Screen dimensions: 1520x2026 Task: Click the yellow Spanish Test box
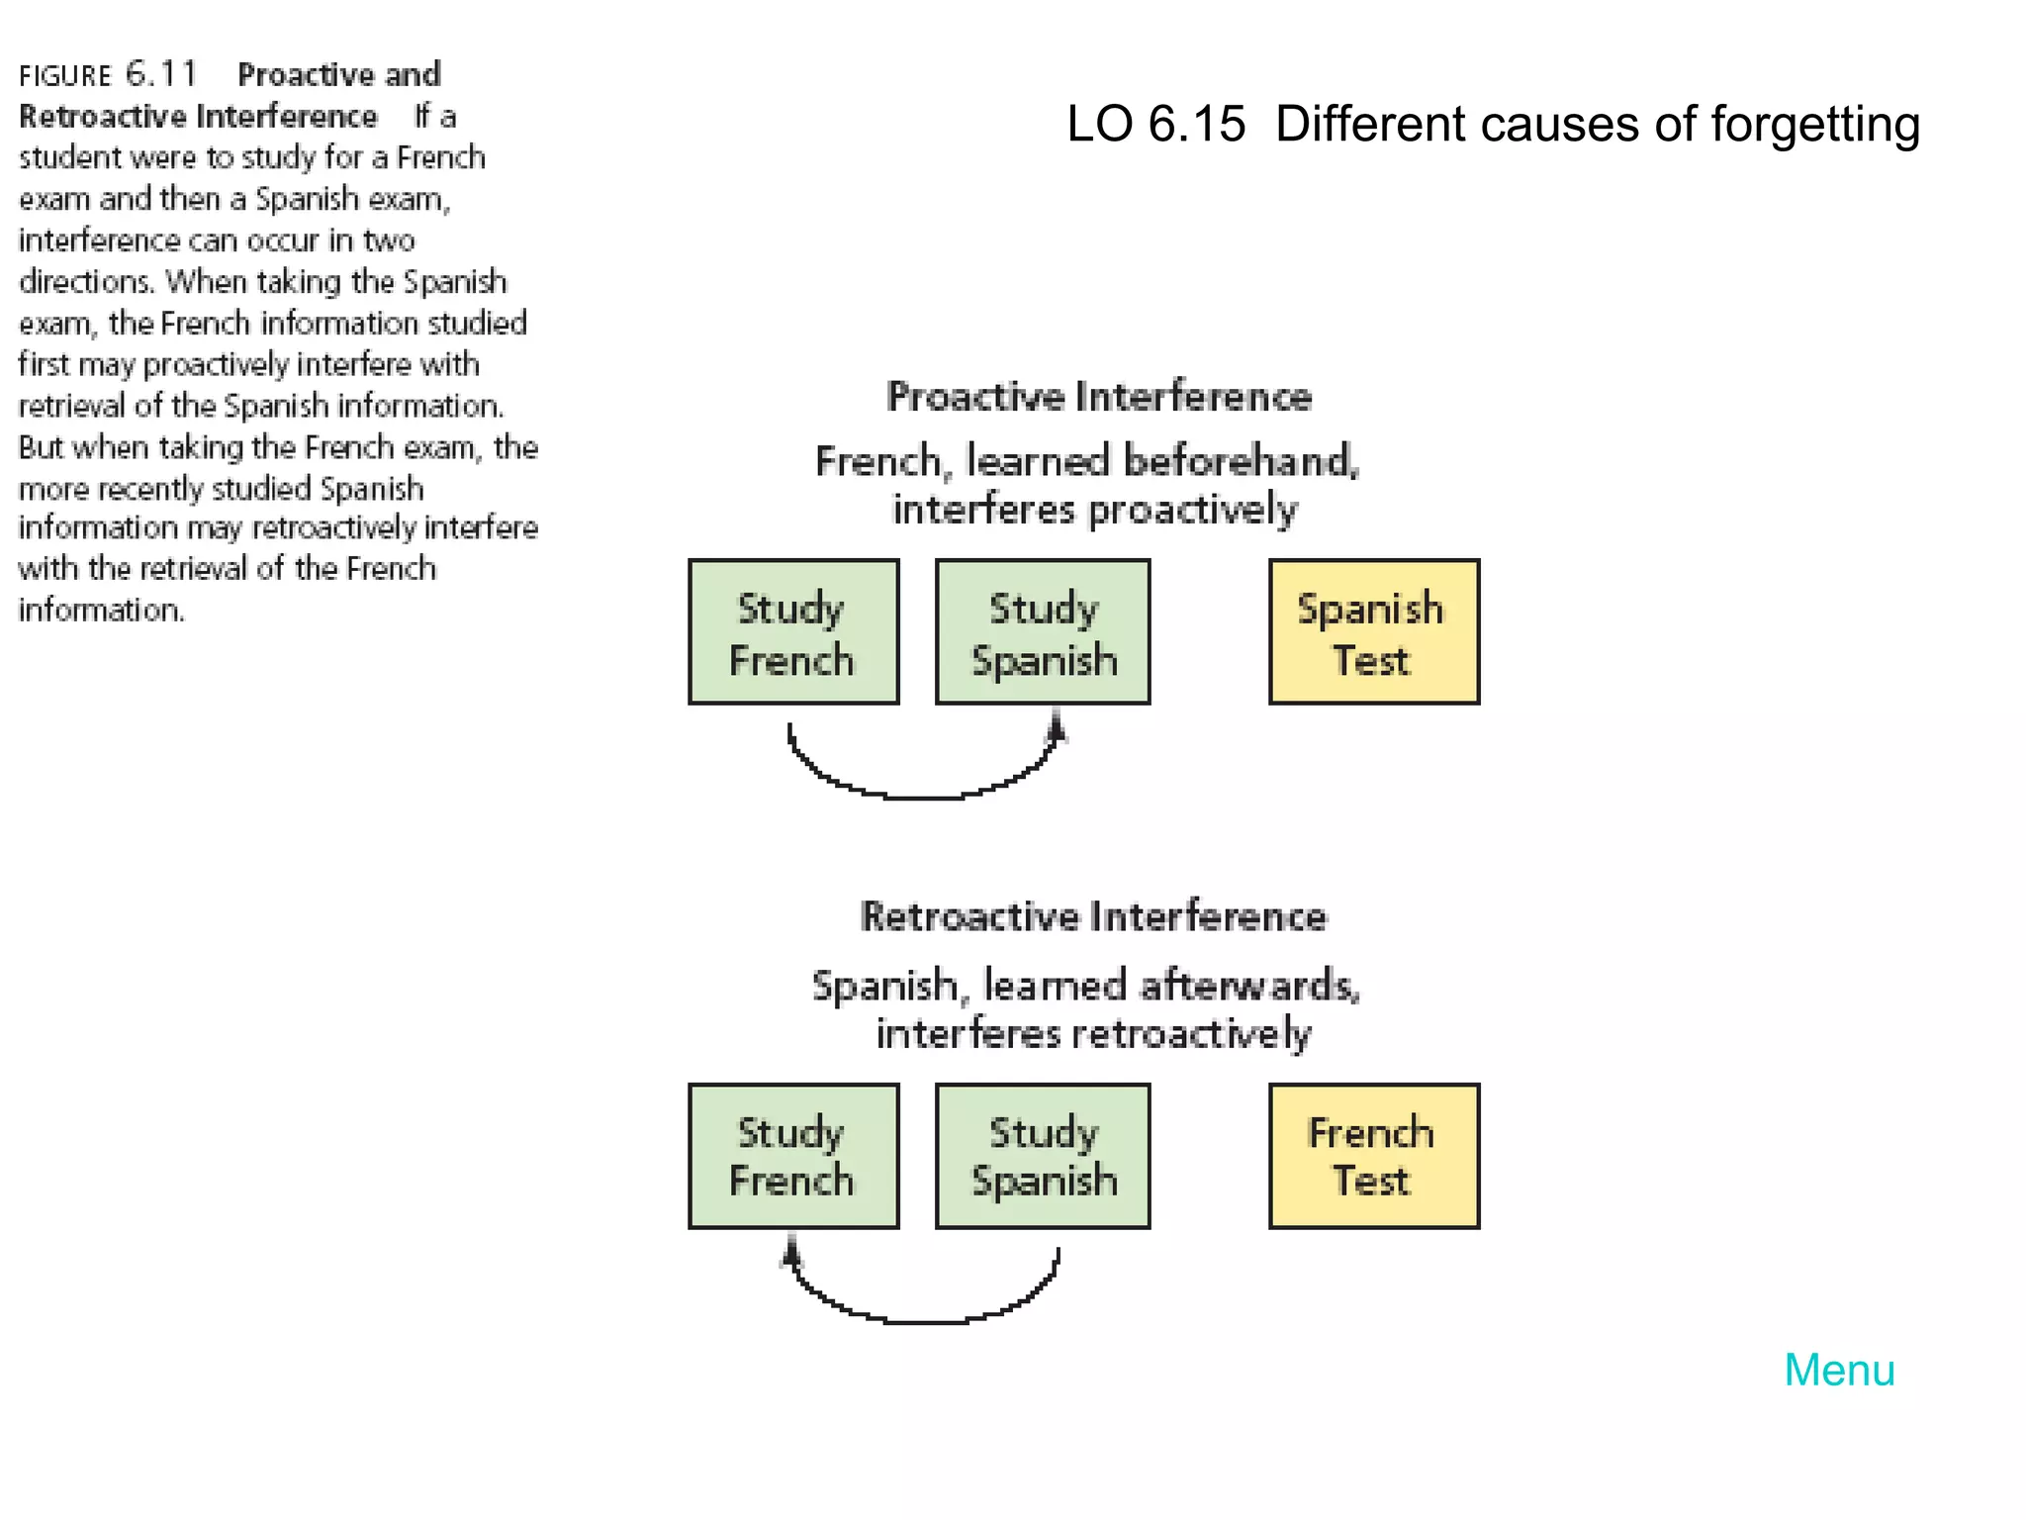[x=1373, y=631]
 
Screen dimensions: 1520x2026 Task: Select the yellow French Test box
[x=1373, y=1156]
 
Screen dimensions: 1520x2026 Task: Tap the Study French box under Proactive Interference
[x=793, y=631]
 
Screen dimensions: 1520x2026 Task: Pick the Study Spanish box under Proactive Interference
[x=1043, y=631]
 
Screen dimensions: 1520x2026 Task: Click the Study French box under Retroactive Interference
[x=793, y=1156]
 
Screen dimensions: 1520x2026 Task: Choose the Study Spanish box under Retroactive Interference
[x=1043, y=1156]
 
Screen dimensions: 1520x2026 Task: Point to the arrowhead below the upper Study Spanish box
[x=1056, y=728]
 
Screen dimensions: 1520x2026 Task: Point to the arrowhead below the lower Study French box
[x=790, y=1253]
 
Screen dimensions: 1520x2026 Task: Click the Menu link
[x=1838, y=1371]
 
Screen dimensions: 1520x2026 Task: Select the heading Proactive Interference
[x=1098, y=397]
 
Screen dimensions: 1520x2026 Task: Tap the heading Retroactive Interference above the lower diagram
[x=1093, y=916]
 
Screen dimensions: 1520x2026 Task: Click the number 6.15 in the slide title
[x=1196, y=125]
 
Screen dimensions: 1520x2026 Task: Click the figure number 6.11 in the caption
[x=161, y=74]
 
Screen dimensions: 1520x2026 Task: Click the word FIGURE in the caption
[x=65, y=76]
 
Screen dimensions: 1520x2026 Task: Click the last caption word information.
[x=101, y=610]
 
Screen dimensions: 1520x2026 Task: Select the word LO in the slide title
[x=1099, y=125]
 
